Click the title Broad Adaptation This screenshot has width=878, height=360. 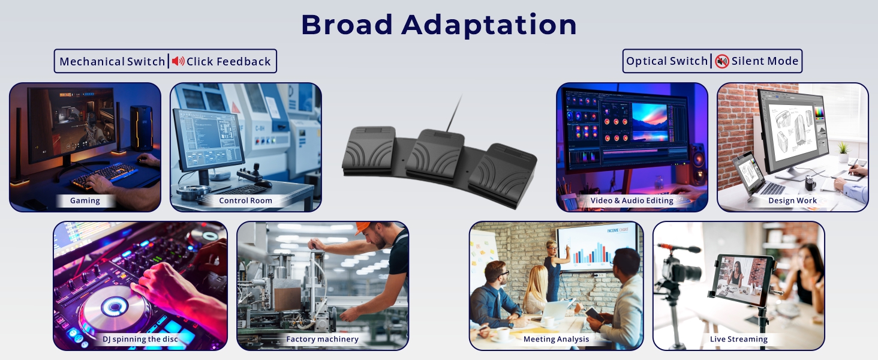(x=438, y=25)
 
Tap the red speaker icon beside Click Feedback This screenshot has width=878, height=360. (x=178, y=61)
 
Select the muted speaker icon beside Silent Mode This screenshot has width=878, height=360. (x=722, y=61)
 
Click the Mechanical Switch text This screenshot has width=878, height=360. (x=112, y=61)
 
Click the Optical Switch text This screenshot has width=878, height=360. (x=667, y=61)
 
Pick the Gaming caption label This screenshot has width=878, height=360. (x=85, y=200)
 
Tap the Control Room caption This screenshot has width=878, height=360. (x=245, y=200)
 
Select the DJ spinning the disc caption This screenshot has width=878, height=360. (x=140, y=339)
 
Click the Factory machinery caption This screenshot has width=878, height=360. (x=322, y=339)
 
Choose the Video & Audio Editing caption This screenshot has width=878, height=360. (x=632, y=200)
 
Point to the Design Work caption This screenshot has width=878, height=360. (x=792, y=200)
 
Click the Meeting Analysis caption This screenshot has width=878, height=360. (x=556, y=339)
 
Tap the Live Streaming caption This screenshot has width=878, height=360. (x=738, y=339)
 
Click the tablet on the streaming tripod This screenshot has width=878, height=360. (x=741, y=276)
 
